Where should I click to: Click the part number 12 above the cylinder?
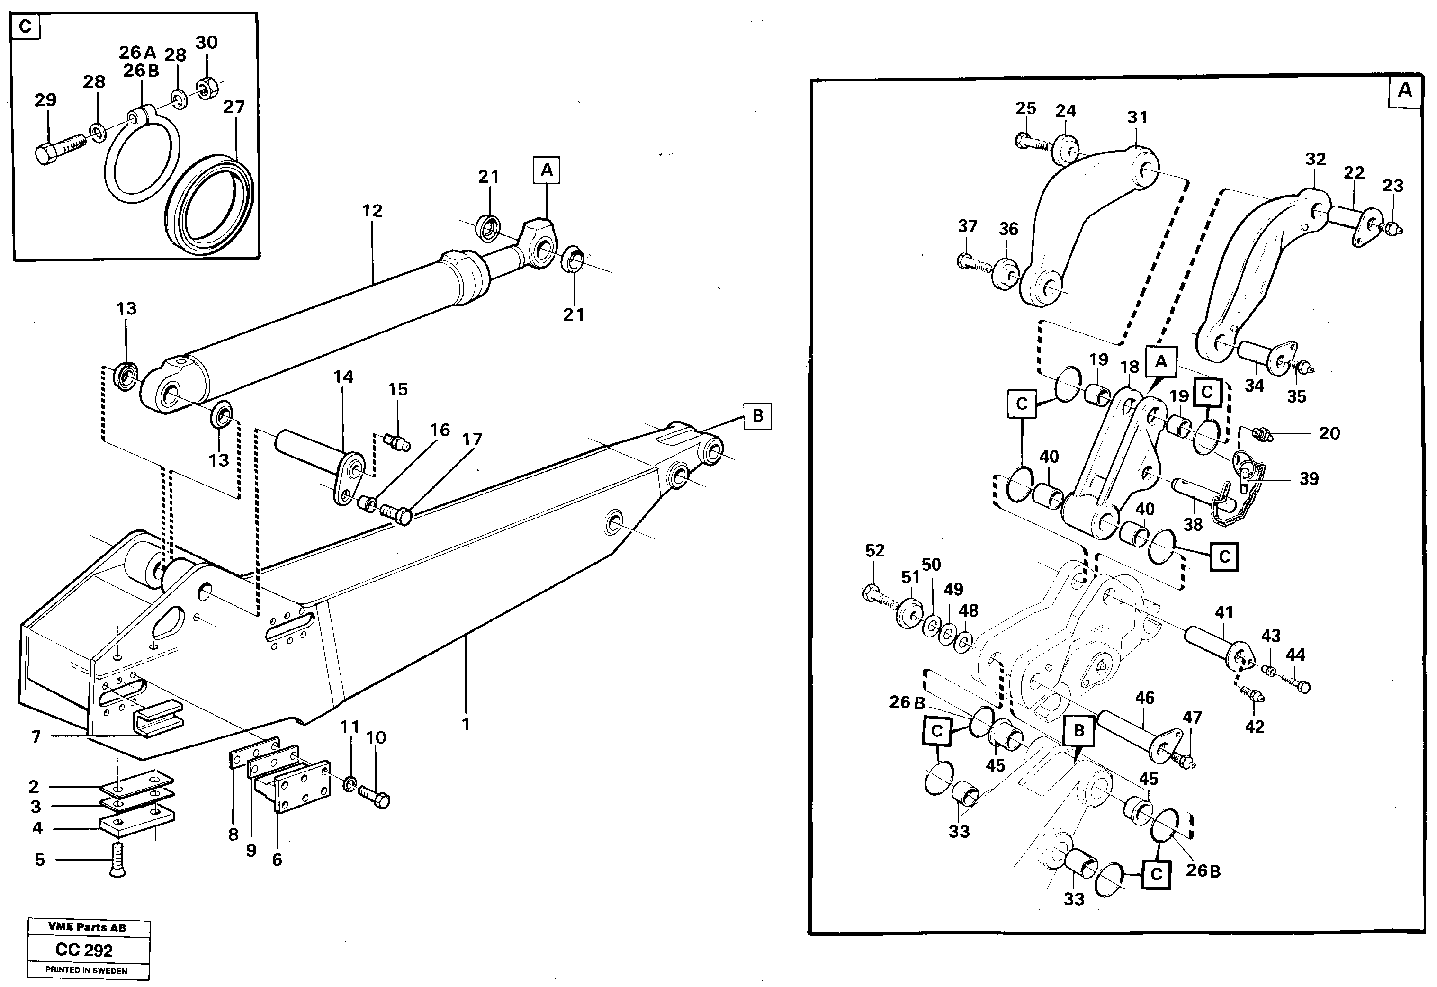pyautogui.click(x=372, y=211)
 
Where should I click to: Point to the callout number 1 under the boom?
pyautogui.click(x=466, y=724)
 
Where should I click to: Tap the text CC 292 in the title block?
pyautogui.click(x=84, y=949)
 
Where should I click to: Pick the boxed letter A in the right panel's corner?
pyautogui.click(x=1405, y=91)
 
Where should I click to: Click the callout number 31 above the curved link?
pyautogui.click(x=1137, y=117)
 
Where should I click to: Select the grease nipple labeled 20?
pyautogui.click(x=1261, y=435)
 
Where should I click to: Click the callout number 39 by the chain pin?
pyautogui.click(x=1308, y=478)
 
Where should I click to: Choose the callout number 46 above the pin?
pyautogui.click(x=1144, y=698)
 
